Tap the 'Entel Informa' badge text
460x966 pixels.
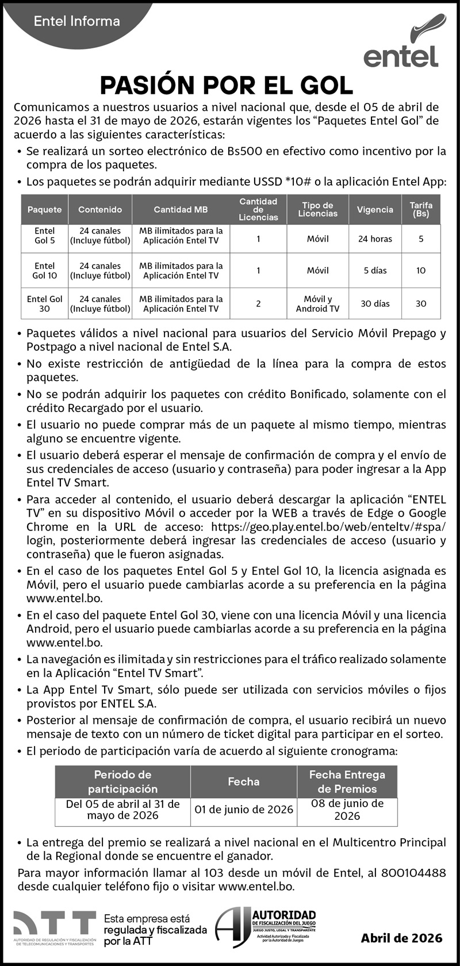pos(76,22)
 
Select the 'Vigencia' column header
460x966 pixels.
pos(375,210)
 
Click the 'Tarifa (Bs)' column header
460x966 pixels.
pos(421,209)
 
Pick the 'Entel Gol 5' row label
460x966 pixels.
pos(45,236)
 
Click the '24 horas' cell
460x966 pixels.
pos(375,239)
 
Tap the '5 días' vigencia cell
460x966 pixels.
pos(375,270)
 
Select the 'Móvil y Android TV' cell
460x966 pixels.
pos(317,304)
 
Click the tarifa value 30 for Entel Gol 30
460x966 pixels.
pos(421,304)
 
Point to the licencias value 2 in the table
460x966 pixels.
pos(258,304)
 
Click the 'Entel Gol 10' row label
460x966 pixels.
pos(45,270)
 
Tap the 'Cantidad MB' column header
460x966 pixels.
pos(181,210)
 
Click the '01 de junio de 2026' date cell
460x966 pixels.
pos(244,810)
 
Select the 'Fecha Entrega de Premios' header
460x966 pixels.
pos(347,781)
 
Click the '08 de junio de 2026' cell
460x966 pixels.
pos(347,810)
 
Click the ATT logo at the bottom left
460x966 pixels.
pos(55,928)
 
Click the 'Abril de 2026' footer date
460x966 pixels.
pos(401,938)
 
